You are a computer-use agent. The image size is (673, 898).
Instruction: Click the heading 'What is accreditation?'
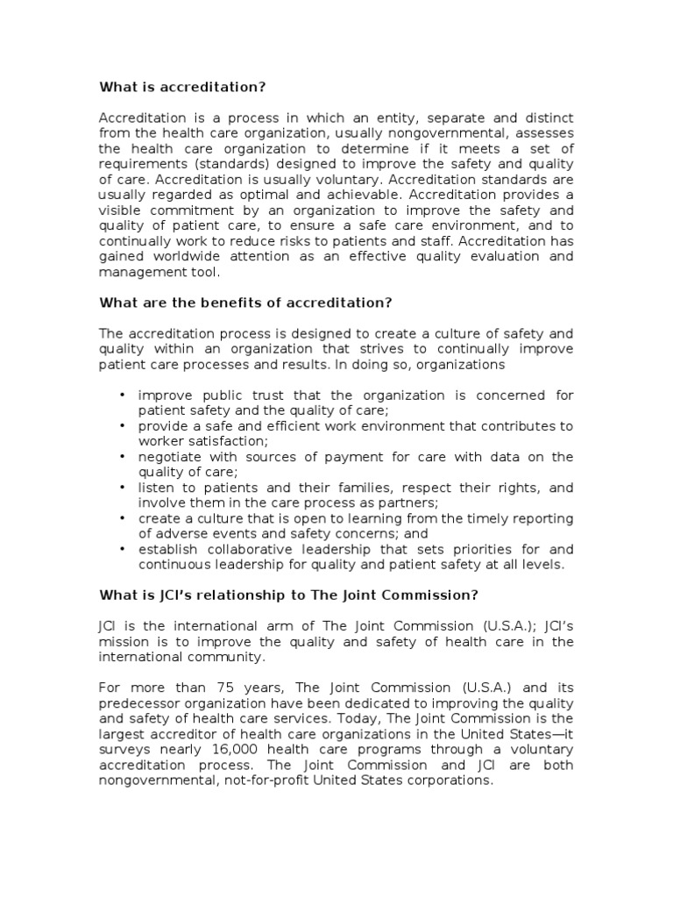pos(181,87)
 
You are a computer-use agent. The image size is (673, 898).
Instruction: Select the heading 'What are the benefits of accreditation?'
pos(244,303)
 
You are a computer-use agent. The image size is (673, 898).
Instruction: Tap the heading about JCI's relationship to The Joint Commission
pos(288,595)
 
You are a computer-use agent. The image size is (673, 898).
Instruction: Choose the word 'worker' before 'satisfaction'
pos(159,441)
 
